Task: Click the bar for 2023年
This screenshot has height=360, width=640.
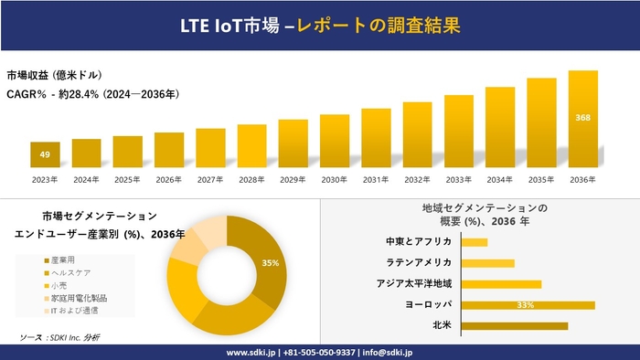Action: point(45,154)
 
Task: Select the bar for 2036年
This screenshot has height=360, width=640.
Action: point(583,119)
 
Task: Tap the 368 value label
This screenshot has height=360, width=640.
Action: point(583,118)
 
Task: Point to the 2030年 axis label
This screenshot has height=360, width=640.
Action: point(335,179)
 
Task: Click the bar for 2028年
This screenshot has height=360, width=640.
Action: point(251,145)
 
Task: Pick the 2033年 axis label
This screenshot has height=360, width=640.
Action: point(459,179)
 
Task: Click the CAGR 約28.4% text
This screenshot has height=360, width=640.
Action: point(92,93)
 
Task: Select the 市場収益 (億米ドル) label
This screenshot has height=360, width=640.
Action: point(55,75)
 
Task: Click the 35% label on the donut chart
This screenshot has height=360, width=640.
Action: point(270,263)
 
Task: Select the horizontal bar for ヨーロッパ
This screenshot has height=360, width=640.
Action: point(528,304)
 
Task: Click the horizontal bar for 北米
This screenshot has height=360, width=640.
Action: point(515,325)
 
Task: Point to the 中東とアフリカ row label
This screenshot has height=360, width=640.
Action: point(420,242)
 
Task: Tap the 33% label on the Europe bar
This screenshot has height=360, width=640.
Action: point(525,304)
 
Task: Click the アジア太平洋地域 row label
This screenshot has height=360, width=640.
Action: point(414,283)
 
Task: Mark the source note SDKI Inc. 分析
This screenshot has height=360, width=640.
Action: point(60,338)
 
